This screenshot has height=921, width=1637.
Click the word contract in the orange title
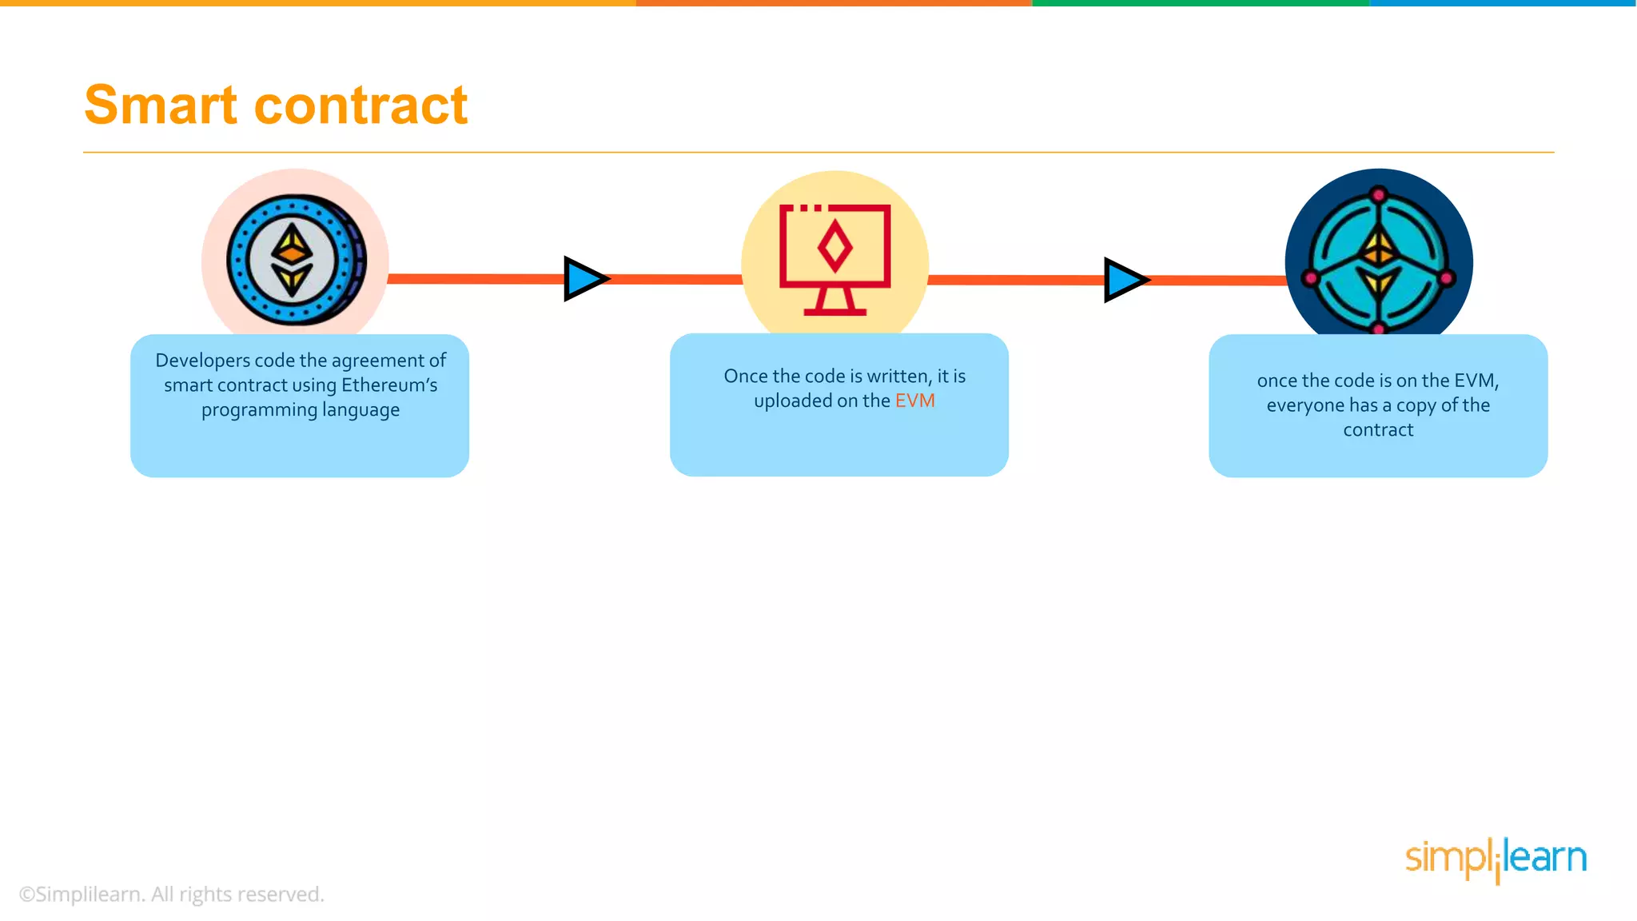360,106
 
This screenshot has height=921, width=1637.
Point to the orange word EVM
914,401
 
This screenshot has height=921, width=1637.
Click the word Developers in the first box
202,361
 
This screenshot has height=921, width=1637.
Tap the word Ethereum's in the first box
389,385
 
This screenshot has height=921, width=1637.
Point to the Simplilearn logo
1496,859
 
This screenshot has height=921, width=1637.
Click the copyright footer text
171,894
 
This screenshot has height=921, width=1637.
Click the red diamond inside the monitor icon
834,247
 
